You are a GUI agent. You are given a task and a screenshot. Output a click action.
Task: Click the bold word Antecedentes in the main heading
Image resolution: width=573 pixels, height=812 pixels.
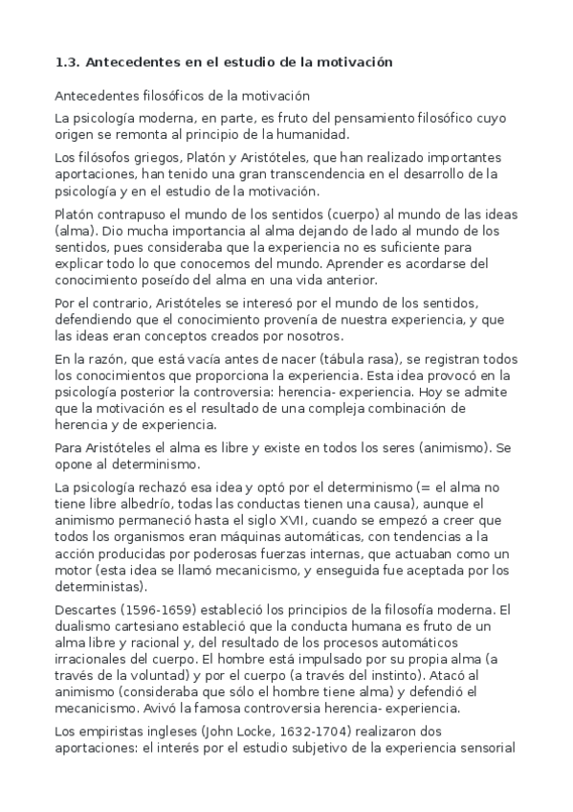point(127,62)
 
